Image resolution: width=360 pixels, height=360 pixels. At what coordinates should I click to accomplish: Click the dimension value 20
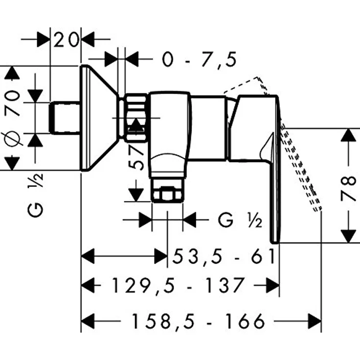[x=66, y=40]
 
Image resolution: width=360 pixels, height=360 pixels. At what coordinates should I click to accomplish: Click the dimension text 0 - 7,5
[x=199, y=60]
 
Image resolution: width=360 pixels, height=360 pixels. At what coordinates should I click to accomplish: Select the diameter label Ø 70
[x=12, y=118]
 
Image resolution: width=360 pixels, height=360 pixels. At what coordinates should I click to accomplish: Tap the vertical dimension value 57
[x=136, y=158]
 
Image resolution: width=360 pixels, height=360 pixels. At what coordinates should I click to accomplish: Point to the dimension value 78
[x=348, y=185]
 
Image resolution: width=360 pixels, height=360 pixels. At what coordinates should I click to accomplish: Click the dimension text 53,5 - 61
[x=224, y=256]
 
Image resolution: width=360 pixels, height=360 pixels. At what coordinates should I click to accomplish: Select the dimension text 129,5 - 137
[x=177, y=285]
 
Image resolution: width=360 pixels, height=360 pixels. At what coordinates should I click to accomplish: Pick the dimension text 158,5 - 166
[x=199, y=321]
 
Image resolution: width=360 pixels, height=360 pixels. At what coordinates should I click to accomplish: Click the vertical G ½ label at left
[x=35, y=195]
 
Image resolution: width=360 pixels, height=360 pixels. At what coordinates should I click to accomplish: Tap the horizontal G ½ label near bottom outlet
[x=240, y=220]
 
